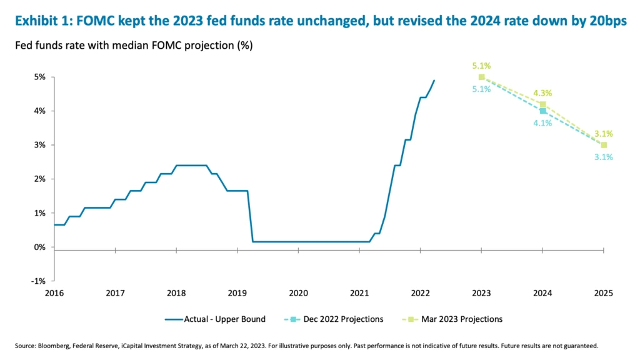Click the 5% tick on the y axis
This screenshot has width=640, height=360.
[x=41, y=77]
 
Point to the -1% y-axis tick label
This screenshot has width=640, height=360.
[x=39, y=281]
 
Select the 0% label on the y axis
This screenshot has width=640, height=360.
[x=41, y=247]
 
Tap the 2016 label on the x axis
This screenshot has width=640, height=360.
[x=54, y=293]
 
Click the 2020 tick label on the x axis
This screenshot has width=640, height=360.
[x=299, y=293]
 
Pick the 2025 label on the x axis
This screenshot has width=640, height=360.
[x=604, y=293]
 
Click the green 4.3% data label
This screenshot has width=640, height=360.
[x=542, y=94]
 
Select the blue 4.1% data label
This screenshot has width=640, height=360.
[x=542, y=123]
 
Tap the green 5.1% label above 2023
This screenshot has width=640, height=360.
[x=481, y=65]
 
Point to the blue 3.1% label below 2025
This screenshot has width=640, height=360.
[x=603, y=157]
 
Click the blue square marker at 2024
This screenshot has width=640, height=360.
[x=542, y=111]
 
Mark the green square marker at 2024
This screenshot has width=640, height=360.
[x=542, y=104]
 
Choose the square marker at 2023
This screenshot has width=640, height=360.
[x=481, y=77]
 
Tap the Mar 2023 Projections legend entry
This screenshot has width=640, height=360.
[x=464, y=319]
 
